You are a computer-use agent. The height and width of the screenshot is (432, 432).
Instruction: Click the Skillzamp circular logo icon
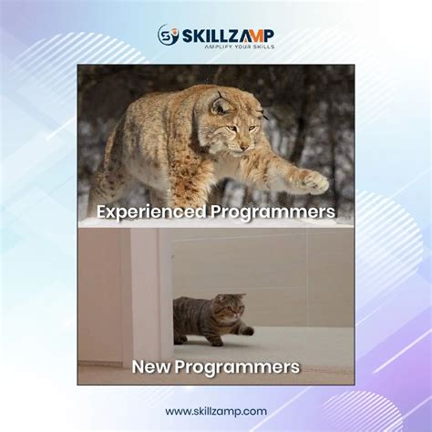[x=167, y=36]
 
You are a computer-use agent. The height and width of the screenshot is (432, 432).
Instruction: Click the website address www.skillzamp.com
[x=216, y=411]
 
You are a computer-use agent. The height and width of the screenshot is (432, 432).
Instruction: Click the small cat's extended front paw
[x=246, y=332]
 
